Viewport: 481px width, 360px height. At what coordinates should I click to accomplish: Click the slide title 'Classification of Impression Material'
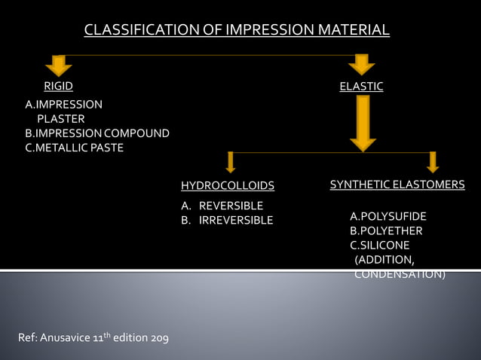click(x=237, y=31)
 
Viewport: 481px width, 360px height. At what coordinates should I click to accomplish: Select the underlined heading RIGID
click(x=58, y=87)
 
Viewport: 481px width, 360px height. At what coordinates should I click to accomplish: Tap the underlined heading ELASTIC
click(x=361, y=87)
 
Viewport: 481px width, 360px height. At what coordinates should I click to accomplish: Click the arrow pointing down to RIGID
click(x=59, y=65)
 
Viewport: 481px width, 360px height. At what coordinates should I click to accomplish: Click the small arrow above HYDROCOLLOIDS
click(x=231, y=162)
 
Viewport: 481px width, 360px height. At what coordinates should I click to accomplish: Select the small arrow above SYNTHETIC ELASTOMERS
click(x=433, y=162)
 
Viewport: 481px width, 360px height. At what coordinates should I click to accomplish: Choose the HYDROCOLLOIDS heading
click(x=228, y=185)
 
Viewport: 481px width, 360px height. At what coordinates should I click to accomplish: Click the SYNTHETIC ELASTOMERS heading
click(x=397, y=185)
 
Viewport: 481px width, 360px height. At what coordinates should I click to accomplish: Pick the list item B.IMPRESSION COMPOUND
click(x=97, y=133)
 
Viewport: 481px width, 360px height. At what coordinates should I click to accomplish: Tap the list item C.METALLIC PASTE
click(x=74, y=148)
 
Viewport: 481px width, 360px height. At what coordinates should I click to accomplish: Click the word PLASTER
click(x=61, y=119)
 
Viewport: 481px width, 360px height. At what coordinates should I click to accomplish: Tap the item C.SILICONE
click(x=380, y=246)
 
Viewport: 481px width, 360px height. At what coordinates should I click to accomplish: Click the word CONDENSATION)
click(x=400, y=274)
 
